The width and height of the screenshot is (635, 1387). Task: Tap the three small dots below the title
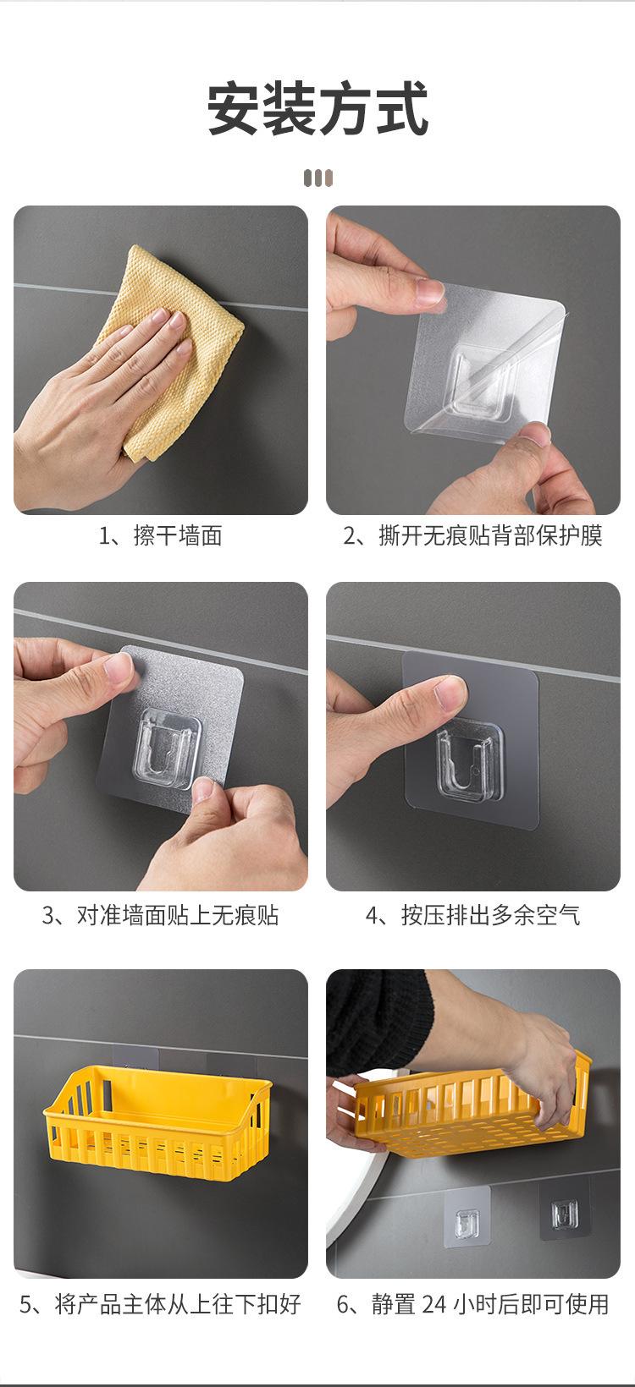318,178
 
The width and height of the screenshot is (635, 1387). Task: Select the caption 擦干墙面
177,536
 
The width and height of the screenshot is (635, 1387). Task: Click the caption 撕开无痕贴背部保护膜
490,536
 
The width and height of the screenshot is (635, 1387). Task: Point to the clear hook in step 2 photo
478,382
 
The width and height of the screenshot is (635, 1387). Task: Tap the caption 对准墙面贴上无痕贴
177,915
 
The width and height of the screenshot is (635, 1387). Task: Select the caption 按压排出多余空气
490,915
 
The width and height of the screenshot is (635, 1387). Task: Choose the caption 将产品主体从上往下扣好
177,1304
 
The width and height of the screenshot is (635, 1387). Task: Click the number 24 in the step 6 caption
434,1304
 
